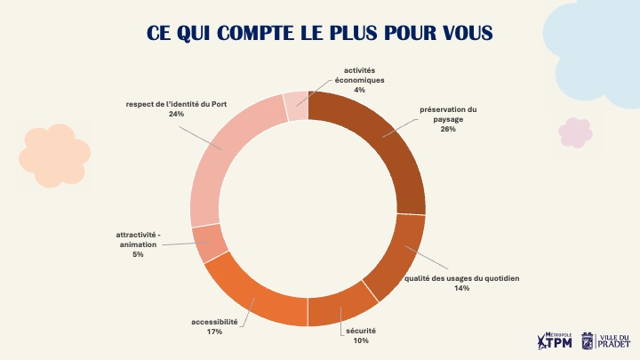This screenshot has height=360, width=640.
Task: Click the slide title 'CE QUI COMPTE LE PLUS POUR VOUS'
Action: (320, 33)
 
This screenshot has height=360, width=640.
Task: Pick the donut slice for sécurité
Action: (339, 308)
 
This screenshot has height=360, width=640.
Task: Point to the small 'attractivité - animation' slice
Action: (212, 242)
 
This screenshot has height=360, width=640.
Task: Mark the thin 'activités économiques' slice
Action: (295, 105)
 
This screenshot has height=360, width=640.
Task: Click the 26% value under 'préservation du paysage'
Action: (447, 129)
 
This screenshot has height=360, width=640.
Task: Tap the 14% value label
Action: (461, 288)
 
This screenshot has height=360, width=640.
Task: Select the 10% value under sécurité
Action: (360, 340)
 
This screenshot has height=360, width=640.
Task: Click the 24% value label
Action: (176, 114)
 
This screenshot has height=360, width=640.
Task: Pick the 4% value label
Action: (359, 90)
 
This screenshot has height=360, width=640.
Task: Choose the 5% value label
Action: (138, 254)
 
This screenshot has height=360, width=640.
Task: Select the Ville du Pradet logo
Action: (605, 340)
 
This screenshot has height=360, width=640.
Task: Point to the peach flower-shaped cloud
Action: (54, 156)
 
